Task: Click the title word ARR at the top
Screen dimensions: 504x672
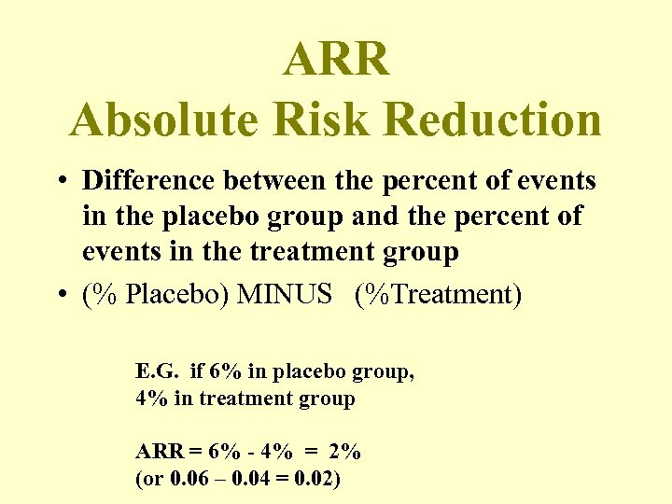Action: pyautogui.click(x=336, y=60)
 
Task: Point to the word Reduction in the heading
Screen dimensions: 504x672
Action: pyautogui.click(x=492, y=119)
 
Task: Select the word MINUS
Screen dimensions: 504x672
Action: pyautogui.click(x=286, y=295)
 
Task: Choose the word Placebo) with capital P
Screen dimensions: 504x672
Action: pyautogui.click(x=177, y=295)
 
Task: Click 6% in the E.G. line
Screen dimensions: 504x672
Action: pyautogui.click(x=224, y=371)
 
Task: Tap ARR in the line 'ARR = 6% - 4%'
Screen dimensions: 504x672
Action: pyautogui.click(x=157, y=452)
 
